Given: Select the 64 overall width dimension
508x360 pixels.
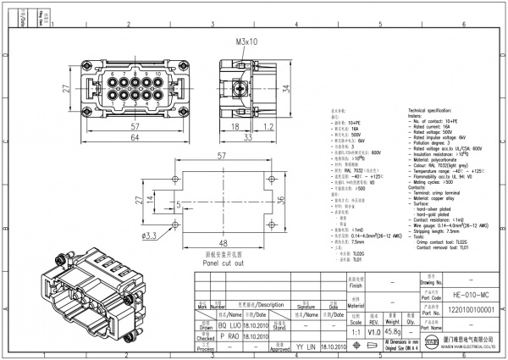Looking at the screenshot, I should pos(135,138).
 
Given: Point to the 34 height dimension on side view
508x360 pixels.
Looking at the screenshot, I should pos(286,87).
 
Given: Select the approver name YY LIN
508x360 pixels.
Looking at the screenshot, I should pos(306,346).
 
